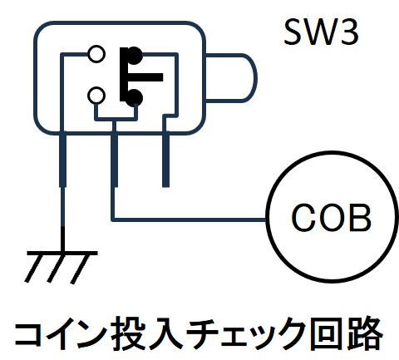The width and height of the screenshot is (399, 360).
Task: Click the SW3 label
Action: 322,32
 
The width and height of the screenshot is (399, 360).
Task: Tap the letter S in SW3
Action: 293,32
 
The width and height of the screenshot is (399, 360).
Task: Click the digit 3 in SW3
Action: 350,32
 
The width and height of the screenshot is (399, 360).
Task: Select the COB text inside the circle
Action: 331,217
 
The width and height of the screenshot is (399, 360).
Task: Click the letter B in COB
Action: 360,217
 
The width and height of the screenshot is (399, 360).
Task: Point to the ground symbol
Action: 62,267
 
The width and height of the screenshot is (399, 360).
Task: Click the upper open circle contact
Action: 96,54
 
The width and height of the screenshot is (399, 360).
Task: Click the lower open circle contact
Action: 96,96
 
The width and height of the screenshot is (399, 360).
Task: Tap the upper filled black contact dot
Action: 134,56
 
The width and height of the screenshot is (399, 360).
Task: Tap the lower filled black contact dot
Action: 134,98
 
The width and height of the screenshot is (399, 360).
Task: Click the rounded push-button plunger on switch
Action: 232,78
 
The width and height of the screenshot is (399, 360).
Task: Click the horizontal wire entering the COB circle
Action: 189,219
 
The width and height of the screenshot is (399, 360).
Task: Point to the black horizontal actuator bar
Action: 145,77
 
